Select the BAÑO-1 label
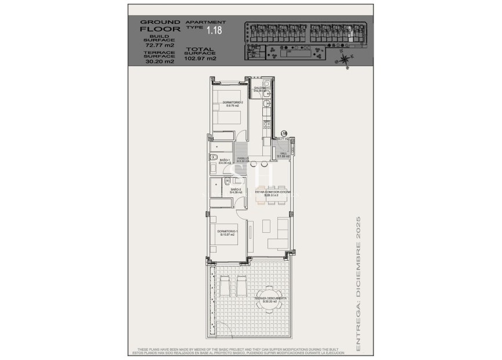click(x=225, y=161)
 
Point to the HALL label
click(x=283, y=154)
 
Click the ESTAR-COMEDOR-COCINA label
click(x=273, y=193)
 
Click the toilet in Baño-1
click(x=214, y=157)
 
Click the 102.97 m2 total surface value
click(x=200, y=58)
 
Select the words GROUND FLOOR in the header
click(x=160, y=26)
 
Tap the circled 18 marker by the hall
click(x=284, y=133)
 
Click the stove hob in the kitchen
click(x=267, y=123)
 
